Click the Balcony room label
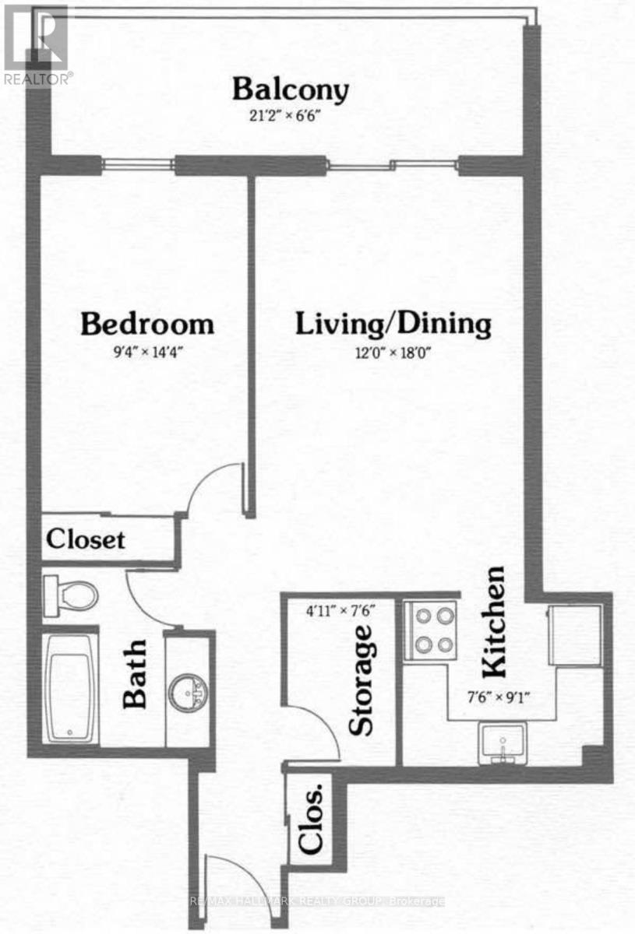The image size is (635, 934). pos(290,90)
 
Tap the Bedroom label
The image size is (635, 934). pos(147,323)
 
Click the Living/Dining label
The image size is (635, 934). pos(393,324)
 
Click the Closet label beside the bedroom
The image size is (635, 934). pos(86,539)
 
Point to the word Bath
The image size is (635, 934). pos(136,674)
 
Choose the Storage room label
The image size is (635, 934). pos(362,679)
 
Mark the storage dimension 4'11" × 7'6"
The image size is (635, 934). pos(342,611)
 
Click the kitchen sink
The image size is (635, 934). pos(503,743)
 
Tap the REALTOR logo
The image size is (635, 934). pos(37,44)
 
